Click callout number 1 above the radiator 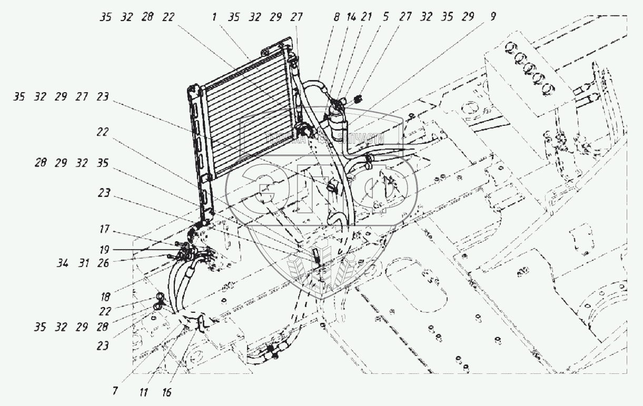pyautogui.click(x=215, y=17)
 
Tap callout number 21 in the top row pyautogui.click(x=368, y=17)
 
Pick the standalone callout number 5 pyautogui.click(x=387, y=17)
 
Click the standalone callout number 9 pyautogui.click(x=492, y=17)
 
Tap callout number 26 pyautogui.click(x=103, y=263)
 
